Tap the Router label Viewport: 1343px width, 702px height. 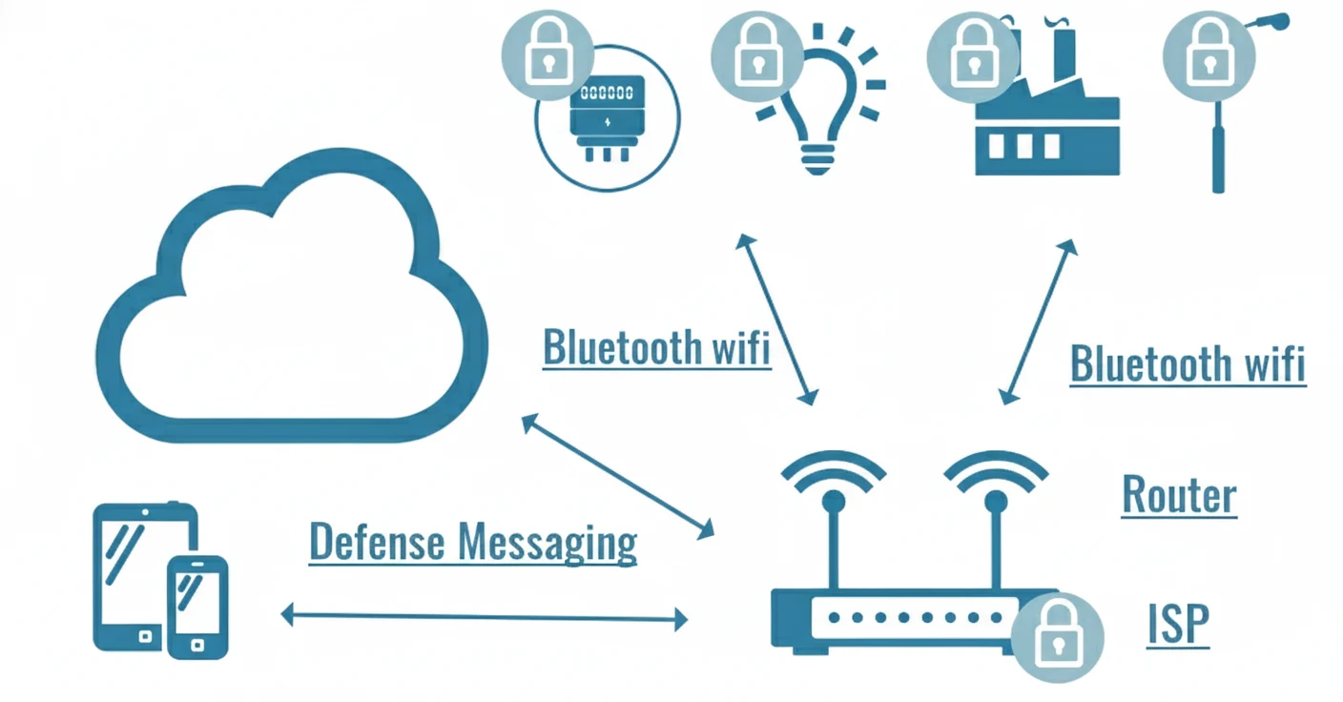click(x=1179, y=494)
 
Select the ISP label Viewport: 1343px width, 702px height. click(x=1179, y=625)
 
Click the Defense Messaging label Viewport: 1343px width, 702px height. click(x=473, y=542)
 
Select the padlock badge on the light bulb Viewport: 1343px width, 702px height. click(x=757, y=57)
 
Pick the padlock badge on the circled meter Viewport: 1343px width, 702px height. click(x=548, y=57)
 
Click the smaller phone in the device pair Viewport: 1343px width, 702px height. click(x=197, y=608)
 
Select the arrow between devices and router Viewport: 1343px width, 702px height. click(x=485, y=617)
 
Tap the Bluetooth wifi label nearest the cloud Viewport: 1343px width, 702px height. click(x=656, y=346)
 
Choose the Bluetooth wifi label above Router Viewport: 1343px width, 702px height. click(x=1187, y=363)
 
